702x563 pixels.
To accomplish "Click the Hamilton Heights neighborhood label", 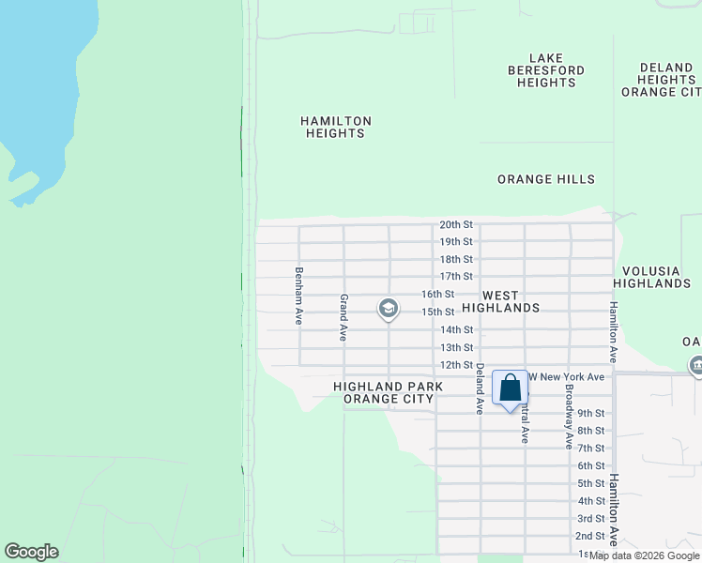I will [335, 127].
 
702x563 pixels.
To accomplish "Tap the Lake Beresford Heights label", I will [545, 70].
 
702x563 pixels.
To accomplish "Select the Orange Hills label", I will [545, 179].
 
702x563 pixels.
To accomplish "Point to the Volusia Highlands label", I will [651, 277].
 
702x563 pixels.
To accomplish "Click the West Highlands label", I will [511, 301].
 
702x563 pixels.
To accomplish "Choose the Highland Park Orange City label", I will [388, 392].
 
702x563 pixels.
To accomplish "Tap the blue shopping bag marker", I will [510, 388].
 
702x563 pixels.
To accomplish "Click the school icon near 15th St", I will [388, 308].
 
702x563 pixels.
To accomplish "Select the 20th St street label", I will [456, 225].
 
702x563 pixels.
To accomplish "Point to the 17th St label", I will [456, 276].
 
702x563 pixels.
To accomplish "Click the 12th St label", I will [456, 365].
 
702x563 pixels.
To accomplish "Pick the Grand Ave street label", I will [344, 317].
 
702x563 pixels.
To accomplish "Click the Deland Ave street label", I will [480, 388].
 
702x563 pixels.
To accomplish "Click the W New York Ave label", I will [570, 376].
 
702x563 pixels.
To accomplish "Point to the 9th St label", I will [590, 413].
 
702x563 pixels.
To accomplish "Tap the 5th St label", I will [590, 483].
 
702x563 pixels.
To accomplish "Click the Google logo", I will [31, 552].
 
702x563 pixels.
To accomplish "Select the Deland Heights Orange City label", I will [663, 80].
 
